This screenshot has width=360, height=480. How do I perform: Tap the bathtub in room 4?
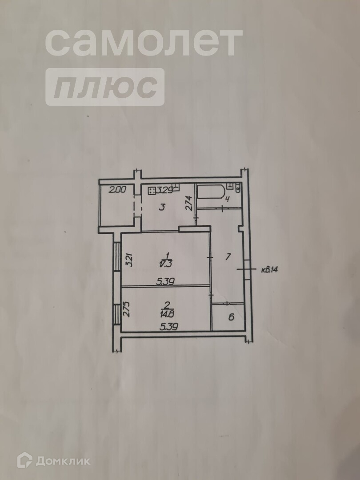[211, 192]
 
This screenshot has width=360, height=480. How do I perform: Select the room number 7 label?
[228, 256]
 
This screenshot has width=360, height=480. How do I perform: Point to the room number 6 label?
[232, 317]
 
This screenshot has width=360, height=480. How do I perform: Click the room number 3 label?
[162, 207]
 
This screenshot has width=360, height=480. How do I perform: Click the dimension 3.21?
[129, 259]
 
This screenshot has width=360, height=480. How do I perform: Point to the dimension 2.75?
[128, 309]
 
